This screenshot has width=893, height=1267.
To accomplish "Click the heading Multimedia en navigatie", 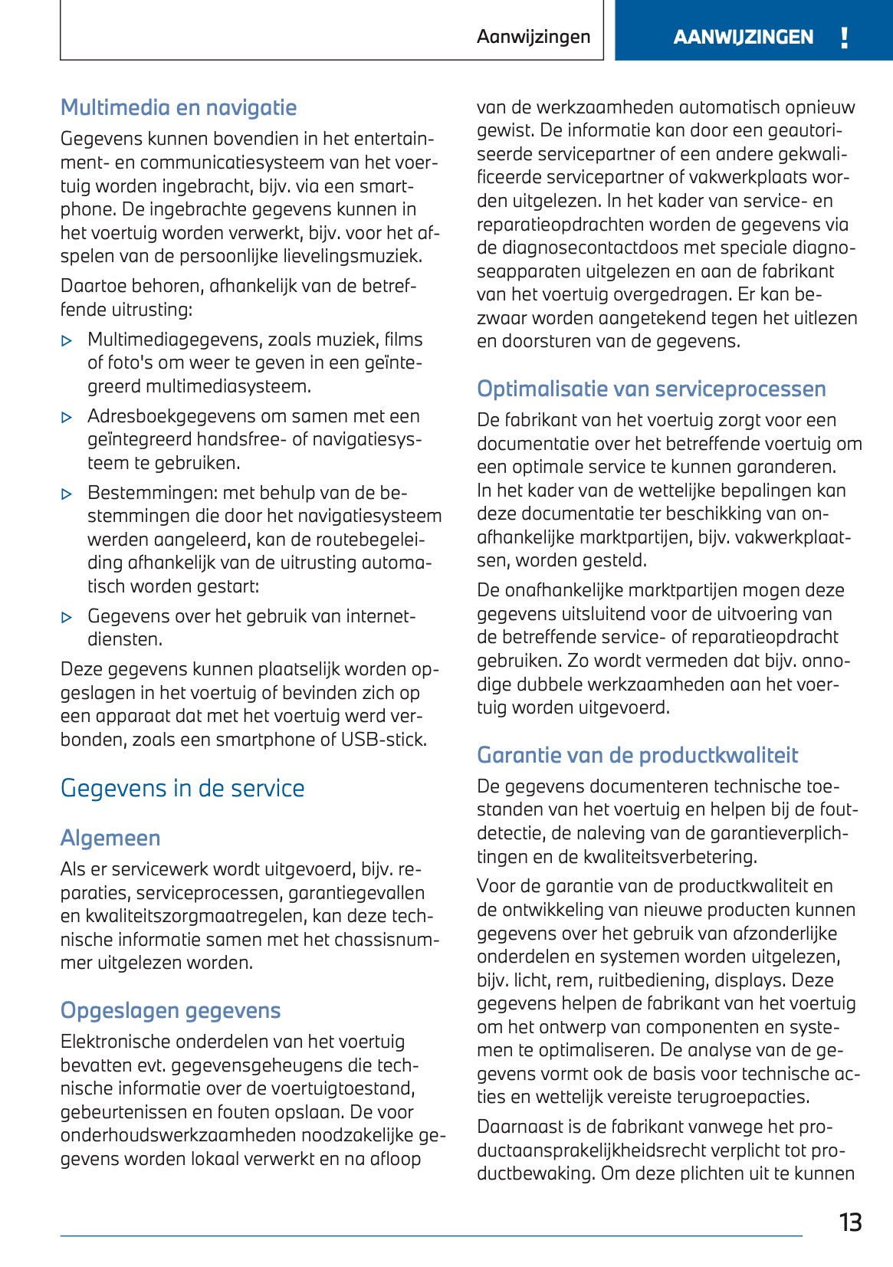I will [179, 107].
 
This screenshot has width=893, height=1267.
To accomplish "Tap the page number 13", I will [850, 1222].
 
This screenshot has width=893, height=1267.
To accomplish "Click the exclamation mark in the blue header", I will [844, 38].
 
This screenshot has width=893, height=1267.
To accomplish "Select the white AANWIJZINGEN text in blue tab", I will [743, 37].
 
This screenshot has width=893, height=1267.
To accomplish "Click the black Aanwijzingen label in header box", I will [534, 37].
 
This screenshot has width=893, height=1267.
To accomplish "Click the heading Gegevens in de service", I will [182, 788].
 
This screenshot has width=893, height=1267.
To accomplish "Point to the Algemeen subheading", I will [110, 838].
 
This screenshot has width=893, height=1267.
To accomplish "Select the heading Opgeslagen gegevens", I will [170, 1010].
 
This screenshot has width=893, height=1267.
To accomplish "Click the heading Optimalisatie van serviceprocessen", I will [651, 389].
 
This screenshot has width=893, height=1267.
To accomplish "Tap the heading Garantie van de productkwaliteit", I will [637, 755].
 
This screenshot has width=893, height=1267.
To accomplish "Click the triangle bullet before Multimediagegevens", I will [67, 341].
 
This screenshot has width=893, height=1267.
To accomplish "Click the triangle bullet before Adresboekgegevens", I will [67, 418].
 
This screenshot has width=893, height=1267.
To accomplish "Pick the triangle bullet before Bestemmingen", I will [67, 494].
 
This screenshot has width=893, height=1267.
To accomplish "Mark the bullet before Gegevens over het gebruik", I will [67, 618].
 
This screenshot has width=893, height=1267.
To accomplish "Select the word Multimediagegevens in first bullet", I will [163, 340].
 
